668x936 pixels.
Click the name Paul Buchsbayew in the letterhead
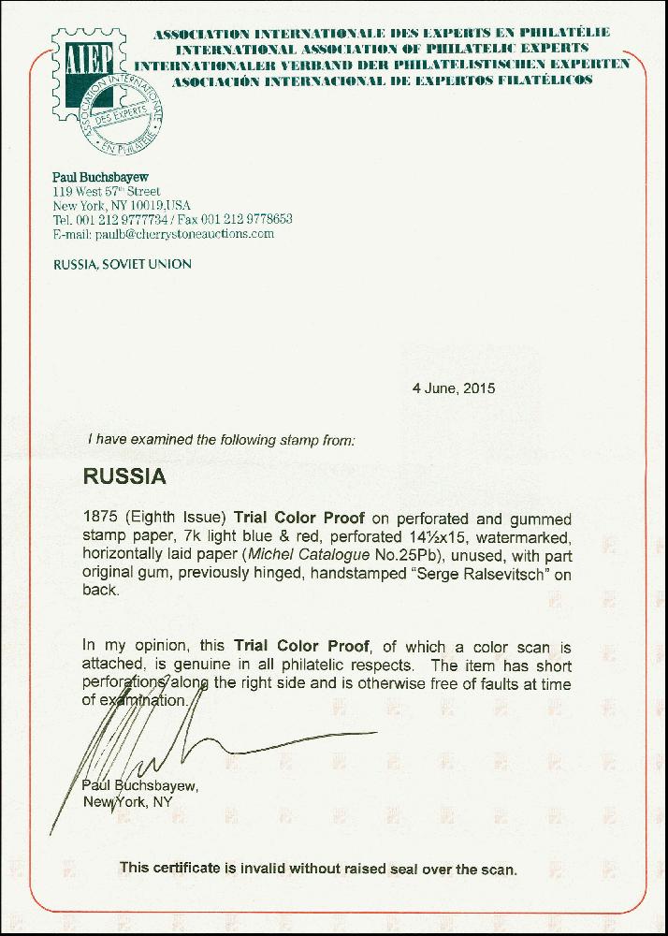click(100, 177)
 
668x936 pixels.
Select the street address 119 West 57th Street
click(107, 191)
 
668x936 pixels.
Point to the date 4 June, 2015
click(454, 388)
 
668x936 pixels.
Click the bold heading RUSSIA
click(124, 476)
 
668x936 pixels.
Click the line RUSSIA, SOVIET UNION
click(123, 264)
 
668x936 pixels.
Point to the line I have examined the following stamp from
click(221, 439)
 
